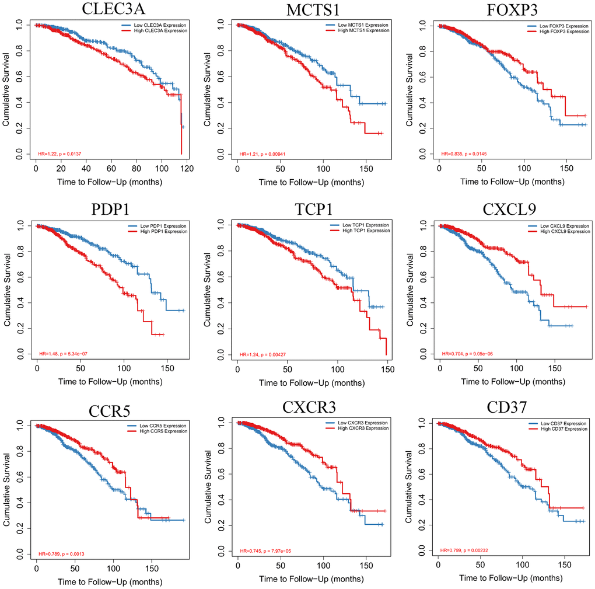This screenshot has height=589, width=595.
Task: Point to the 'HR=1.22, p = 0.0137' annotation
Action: coord(61,154)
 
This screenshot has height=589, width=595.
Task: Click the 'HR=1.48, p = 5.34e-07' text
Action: coord(63,354)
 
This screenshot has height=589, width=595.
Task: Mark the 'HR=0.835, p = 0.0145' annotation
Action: coord(465,154)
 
